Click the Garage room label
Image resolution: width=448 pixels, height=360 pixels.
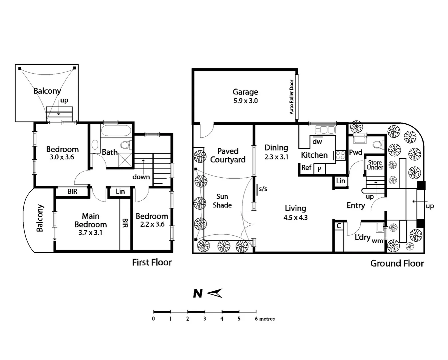tap(245, 92)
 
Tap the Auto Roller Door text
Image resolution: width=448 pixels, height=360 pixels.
tap(292, 97)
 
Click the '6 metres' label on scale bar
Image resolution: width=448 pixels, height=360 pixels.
tap(265, 319)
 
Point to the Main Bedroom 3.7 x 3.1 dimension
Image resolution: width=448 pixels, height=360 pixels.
tap(90, 233)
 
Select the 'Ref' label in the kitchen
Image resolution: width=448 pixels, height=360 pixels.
tap(306, 168)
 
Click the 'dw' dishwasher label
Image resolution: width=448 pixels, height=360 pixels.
tap(317, 142)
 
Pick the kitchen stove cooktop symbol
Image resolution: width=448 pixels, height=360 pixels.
tap(340, 155)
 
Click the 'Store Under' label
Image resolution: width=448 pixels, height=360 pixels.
tap(375, 165)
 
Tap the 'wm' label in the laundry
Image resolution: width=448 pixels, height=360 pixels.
tap(377, 241)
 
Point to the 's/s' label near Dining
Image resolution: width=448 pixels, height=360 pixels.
tap(263, 189)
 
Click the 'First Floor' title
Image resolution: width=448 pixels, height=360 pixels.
tap(152, 263)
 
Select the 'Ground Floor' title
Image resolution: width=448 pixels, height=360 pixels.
tap(397, 264)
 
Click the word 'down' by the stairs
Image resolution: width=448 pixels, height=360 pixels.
tap(141, 177)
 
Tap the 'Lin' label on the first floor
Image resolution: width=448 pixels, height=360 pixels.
tap(120, 191)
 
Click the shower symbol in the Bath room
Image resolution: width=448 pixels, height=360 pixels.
tap(125, 159)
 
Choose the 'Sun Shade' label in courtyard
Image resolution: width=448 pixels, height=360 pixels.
tap(222, 201)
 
